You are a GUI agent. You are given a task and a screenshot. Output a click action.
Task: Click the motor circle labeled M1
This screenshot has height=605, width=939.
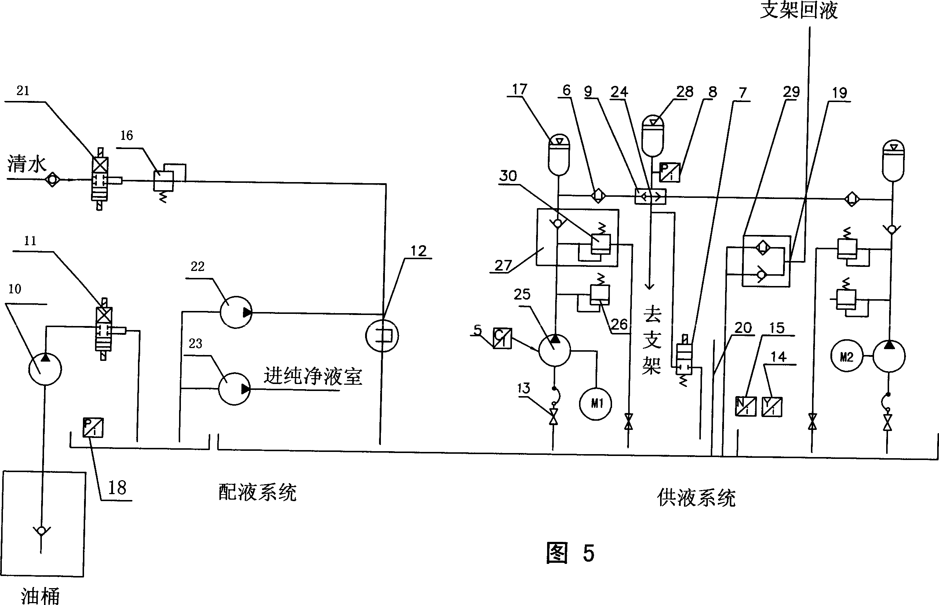pyautogui.click(x=596, y=404)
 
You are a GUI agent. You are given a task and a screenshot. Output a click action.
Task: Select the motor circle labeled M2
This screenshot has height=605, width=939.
pyautogui.click(x=847, y=356)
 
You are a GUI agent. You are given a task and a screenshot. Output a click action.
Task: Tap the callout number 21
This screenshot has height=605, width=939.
pyautogui.click(x=23, y=91)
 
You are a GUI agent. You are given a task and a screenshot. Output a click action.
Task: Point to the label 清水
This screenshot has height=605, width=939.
pyautogui.click(x=27, y=163)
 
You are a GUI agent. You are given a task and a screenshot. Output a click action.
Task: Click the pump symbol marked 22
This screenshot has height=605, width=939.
pyautogui.click(x=236, y=312)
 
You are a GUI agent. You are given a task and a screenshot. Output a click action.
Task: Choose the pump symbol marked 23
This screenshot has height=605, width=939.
pyautogui.click(x=234, y=389)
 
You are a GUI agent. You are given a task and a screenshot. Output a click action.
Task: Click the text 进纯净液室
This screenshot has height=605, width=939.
pyautogui.click(x=313, y=376)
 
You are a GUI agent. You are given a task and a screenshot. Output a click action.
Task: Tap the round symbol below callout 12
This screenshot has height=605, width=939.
pyautogui.click(x=382, y=336)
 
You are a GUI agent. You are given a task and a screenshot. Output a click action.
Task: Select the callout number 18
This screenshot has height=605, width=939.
pyautogui.click(x=117, y=488)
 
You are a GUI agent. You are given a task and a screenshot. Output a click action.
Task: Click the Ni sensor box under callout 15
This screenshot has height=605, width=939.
pyautogui.click(x=745, y=407)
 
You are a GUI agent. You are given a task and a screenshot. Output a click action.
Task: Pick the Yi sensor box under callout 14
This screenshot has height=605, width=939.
pyautogui.click(x=772, y=407)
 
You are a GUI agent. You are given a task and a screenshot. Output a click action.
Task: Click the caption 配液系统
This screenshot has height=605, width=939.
pyautogui.click(x=257, y=492)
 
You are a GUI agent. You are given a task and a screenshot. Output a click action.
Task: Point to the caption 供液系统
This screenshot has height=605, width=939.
pyautogui.click(x=696, y=498)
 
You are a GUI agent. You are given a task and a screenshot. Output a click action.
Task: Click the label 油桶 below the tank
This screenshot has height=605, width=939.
pyautogui.click(x=40, y=595)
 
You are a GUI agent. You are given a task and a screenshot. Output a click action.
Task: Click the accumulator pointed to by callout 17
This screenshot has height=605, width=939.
pyautogui.click(x=558, y=155)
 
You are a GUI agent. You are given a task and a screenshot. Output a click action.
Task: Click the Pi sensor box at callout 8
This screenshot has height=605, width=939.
pyautogui.click(x=669, y=173)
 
